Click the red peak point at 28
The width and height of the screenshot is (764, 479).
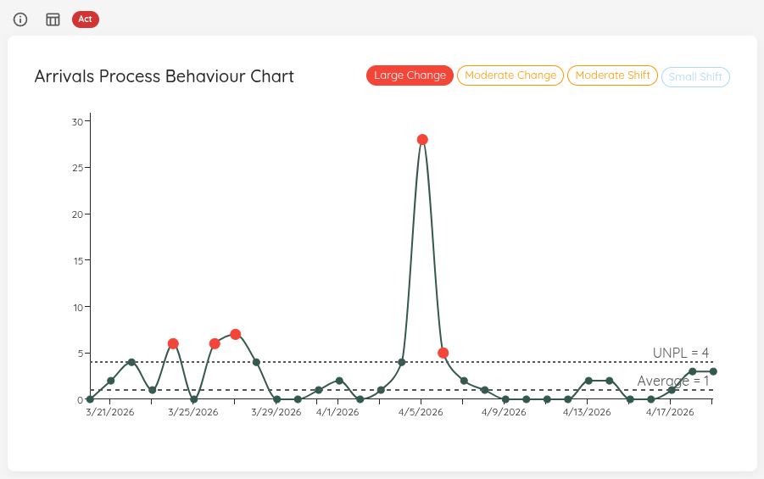point(422,139)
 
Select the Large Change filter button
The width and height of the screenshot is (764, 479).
point(410,75)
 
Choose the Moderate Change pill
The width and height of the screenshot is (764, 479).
point(510,75)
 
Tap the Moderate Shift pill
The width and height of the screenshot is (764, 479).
point(612,75)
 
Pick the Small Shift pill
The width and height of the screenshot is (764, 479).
point(695,77)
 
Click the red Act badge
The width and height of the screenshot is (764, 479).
point(85,19)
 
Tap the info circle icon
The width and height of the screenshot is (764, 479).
point(20,19)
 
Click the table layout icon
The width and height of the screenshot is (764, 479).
point(53,19)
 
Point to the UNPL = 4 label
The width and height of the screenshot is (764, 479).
point(680,353)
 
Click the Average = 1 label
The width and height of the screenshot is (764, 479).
point(672,382)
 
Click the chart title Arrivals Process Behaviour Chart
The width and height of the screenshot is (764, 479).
point(164,76)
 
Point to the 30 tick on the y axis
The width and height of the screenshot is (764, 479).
point(77,121)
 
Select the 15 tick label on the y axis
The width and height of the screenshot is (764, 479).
point(77,260)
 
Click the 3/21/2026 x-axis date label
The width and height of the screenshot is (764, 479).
point(110,413)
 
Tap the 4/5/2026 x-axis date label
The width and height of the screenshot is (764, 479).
point(421,413)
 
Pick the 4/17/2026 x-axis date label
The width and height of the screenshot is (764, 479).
point(670,413)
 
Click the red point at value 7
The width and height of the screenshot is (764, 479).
point(236,334)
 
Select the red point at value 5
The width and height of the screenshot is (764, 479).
point(443,353)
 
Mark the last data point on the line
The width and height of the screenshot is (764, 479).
point(713,371)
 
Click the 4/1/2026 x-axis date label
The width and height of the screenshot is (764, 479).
point(338,413)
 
